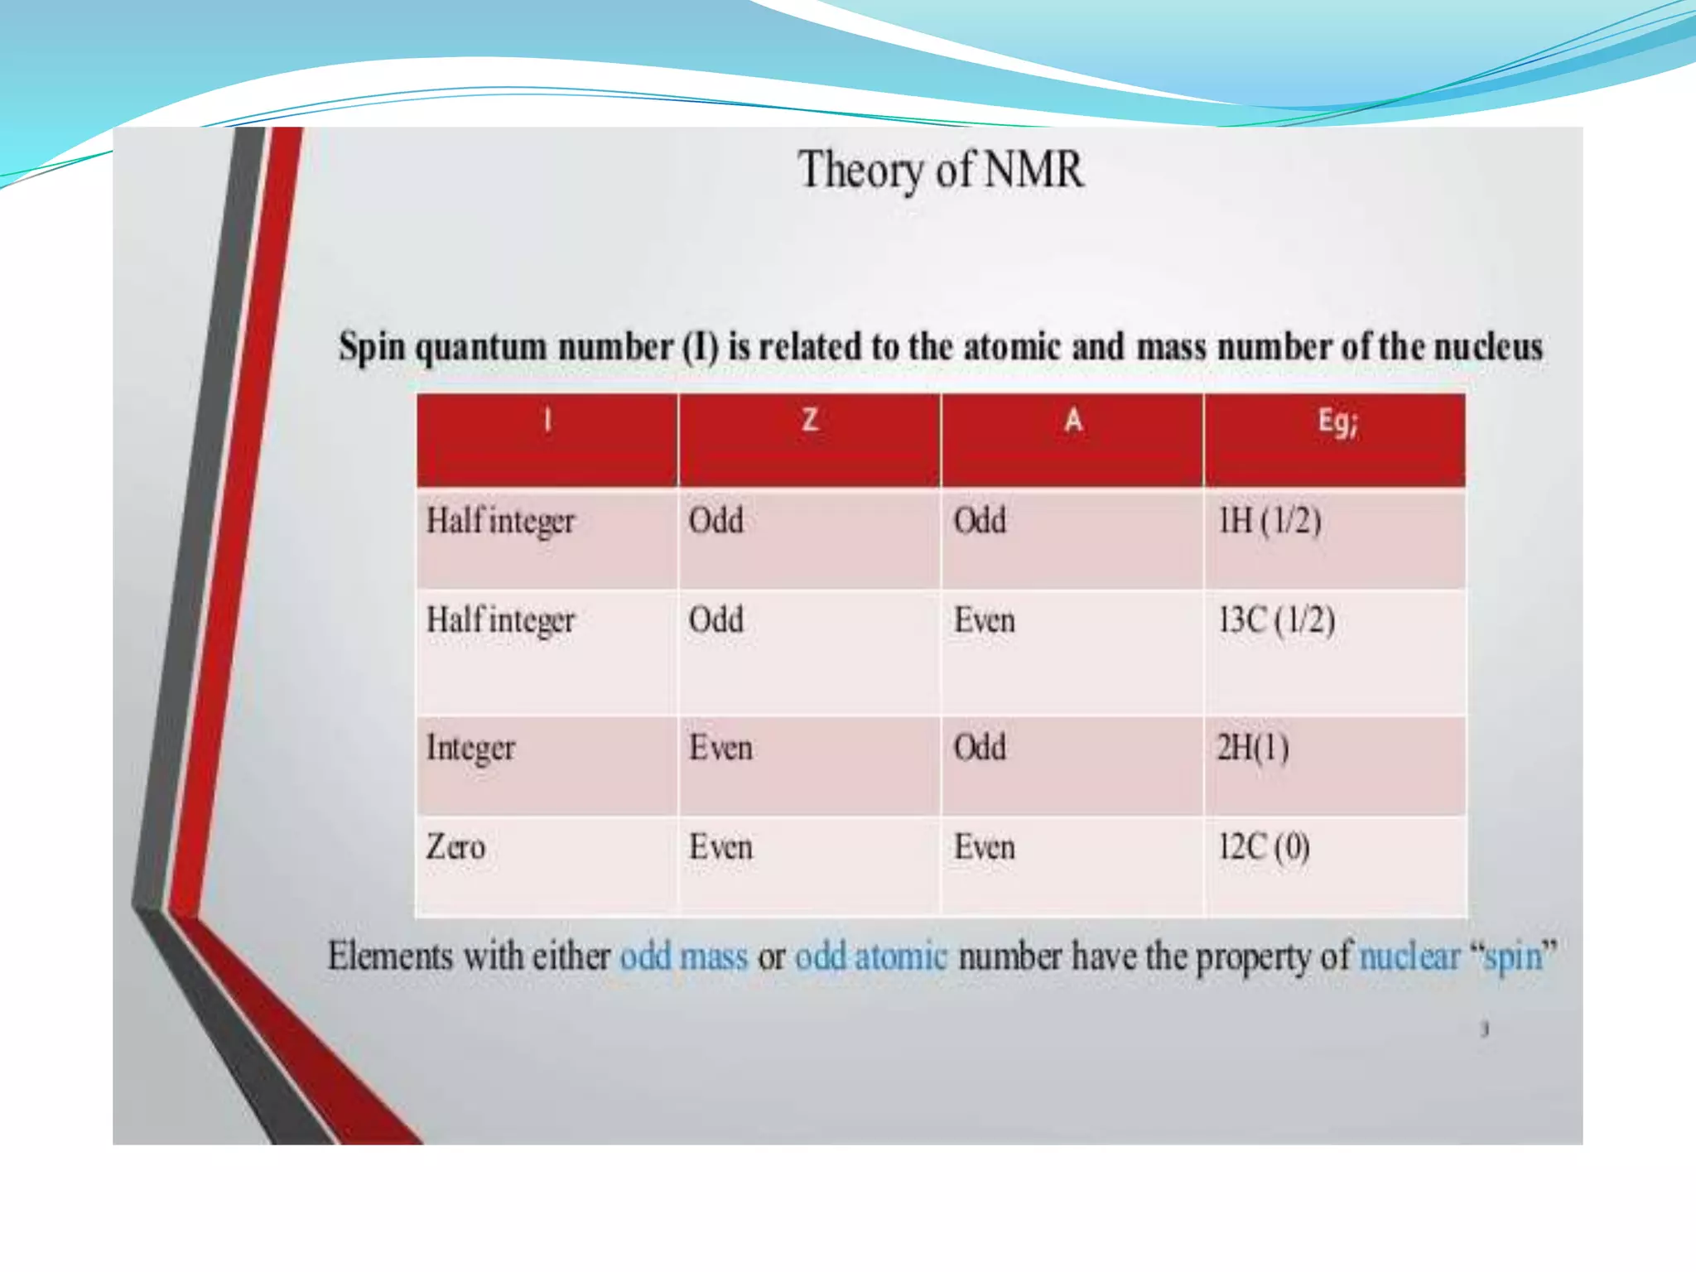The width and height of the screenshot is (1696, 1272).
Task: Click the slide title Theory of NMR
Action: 941,171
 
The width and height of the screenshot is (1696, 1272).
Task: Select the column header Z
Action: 810,420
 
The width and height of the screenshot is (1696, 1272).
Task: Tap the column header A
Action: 1072,420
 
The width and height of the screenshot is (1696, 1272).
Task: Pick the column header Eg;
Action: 1337,422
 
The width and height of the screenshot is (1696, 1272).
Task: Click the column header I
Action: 547,421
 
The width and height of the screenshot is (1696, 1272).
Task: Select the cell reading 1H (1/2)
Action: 1270,521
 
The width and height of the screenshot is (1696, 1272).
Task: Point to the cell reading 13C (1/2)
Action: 1276,620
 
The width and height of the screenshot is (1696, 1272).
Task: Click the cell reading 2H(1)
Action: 1252,748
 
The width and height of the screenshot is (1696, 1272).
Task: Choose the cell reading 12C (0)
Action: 1264,847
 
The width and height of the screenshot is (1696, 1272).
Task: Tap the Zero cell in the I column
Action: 455,847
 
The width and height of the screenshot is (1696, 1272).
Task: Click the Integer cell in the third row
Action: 470,749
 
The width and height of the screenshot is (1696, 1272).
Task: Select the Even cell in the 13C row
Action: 984,620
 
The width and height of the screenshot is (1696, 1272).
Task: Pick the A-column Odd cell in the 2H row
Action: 980,748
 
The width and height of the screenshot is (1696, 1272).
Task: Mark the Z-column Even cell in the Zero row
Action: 720,847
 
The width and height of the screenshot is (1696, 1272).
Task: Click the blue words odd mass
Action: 683,957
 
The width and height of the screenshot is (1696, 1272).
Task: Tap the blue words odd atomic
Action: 870,957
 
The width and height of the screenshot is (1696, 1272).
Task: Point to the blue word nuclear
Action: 1409,957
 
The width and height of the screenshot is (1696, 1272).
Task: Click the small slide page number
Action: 1485,1029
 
